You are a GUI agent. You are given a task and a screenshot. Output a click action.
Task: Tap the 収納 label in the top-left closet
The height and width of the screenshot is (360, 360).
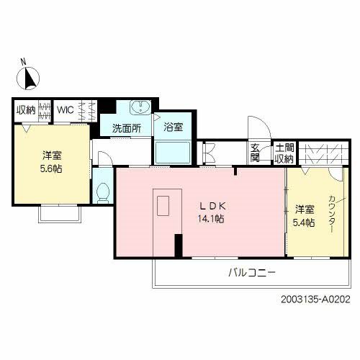tap(27, 110)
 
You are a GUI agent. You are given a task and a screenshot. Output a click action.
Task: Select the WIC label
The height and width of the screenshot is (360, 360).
tap(66, 110)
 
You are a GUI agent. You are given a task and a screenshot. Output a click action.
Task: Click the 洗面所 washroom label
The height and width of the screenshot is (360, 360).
tap(125, 129)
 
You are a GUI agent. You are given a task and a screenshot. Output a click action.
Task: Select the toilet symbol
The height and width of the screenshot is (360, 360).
tap(103, 192)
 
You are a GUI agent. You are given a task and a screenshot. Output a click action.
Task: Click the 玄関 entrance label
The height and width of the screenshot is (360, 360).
tap(255, 152)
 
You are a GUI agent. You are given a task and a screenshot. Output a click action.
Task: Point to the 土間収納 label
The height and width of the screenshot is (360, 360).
tap(284, 152)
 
